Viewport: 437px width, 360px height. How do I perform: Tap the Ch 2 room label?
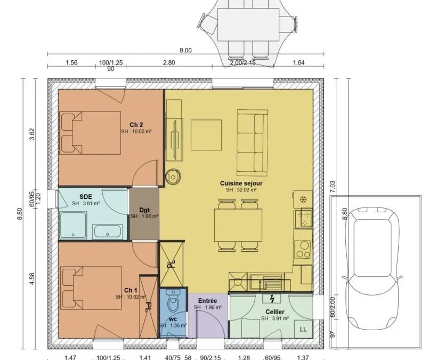136,124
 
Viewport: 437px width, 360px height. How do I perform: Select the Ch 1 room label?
131,290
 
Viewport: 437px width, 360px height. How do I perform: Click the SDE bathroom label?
86,197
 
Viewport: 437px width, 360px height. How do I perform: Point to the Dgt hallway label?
144,210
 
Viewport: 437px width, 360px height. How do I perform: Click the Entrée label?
208,301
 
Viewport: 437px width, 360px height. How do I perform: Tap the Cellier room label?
275,312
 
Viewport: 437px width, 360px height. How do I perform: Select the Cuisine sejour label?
241,183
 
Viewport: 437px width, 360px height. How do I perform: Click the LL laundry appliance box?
304,329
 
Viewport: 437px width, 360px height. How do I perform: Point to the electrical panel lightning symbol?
272,299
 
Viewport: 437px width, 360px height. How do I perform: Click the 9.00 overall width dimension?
185,50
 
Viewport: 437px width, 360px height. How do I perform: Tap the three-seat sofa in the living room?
253,142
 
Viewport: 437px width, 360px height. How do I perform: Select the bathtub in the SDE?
108,231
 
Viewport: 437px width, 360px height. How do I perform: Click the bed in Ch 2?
90,133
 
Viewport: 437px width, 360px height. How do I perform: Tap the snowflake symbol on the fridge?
303,199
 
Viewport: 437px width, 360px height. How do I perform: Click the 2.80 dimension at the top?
169,62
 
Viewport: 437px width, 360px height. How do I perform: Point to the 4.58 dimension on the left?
32,278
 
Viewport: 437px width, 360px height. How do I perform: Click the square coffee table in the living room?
206,135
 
